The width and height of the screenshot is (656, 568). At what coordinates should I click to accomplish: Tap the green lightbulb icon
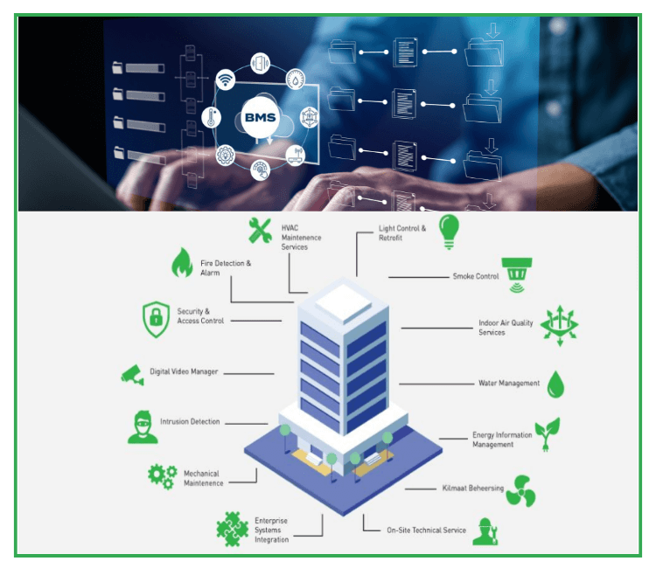click(x=449, y=231)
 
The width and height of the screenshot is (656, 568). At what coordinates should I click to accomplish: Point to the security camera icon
click(x=133, y=374)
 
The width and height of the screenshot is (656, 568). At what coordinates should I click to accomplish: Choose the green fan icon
click(x=520, y=489)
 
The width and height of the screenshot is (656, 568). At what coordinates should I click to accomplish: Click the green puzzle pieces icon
click(x=232, y=529)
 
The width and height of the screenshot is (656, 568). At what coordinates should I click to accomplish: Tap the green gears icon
click(x=162, y=475)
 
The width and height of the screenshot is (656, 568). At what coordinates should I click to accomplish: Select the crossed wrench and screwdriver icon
click(x=260, y=231)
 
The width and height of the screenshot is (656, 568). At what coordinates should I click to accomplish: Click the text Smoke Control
click(x=475, y=277)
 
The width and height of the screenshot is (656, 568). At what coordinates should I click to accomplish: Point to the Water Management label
click(x=509, y=384)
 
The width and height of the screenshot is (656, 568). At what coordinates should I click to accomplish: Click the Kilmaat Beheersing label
click(x=472, y=488)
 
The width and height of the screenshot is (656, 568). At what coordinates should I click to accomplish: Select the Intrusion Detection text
click(x=190, y=422)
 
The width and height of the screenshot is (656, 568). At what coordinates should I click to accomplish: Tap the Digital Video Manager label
click(x=184, y=372)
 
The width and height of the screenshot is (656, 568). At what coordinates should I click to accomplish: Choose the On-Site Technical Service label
click(x=427, y=530)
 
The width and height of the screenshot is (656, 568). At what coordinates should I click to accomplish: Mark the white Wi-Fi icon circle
click(x=227, y=81)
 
